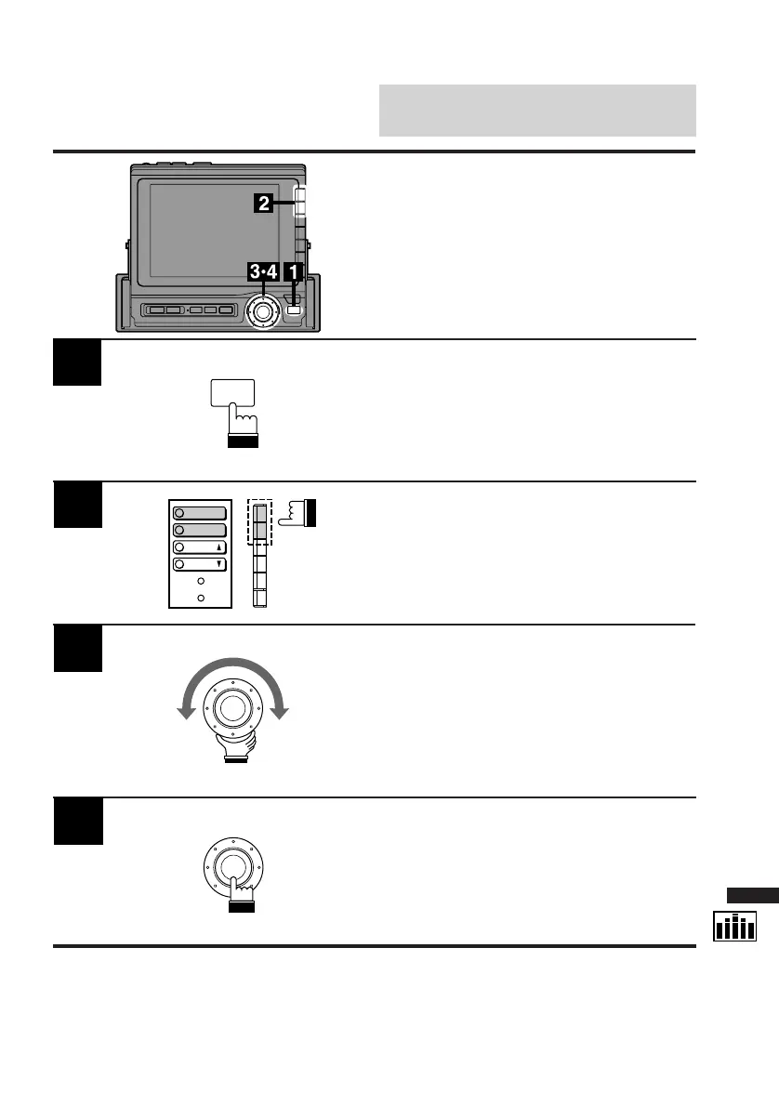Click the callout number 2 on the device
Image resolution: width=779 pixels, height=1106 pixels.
(264, 204)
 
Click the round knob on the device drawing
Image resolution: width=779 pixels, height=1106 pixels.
(263, 311)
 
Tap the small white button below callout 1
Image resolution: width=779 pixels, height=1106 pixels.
(295, 309)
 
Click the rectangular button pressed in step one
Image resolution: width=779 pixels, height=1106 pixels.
(232, 393)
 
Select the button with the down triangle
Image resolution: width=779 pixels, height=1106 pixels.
(200, 564)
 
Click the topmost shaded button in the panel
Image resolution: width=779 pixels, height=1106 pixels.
(200, 512)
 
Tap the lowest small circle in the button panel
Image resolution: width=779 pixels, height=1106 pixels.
(200, 597)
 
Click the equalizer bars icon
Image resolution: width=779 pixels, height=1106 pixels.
(734, 927)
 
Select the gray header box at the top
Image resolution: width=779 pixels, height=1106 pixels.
(537, 110)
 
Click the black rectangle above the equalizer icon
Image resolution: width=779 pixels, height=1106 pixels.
(751, 896)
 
